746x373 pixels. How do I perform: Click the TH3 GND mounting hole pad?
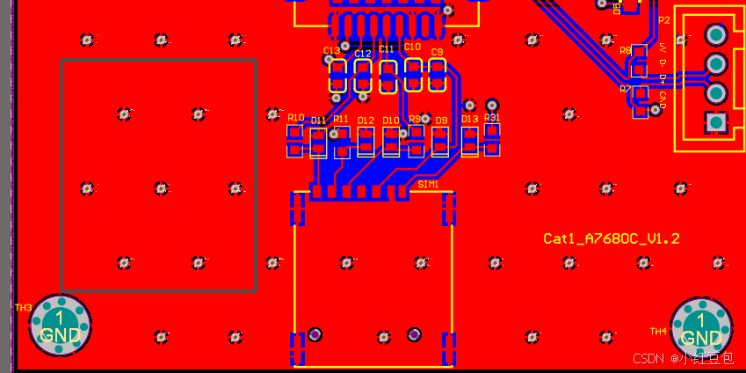60,325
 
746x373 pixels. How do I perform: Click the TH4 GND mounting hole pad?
701,327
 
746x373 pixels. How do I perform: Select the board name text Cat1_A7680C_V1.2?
612,238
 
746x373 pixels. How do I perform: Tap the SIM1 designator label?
428,185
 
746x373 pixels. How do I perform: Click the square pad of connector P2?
716,121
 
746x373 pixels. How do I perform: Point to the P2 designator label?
663,19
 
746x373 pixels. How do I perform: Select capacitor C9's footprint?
437,76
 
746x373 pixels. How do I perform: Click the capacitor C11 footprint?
387,77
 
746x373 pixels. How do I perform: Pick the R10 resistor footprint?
294,140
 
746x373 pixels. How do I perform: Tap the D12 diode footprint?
366,141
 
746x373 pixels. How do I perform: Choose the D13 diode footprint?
470,142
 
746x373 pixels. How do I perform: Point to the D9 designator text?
441,120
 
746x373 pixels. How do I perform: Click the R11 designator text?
341,119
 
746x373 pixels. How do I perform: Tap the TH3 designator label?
23,308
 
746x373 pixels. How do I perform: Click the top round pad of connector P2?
716,35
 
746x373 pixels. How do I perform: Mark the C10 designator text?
412,46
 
